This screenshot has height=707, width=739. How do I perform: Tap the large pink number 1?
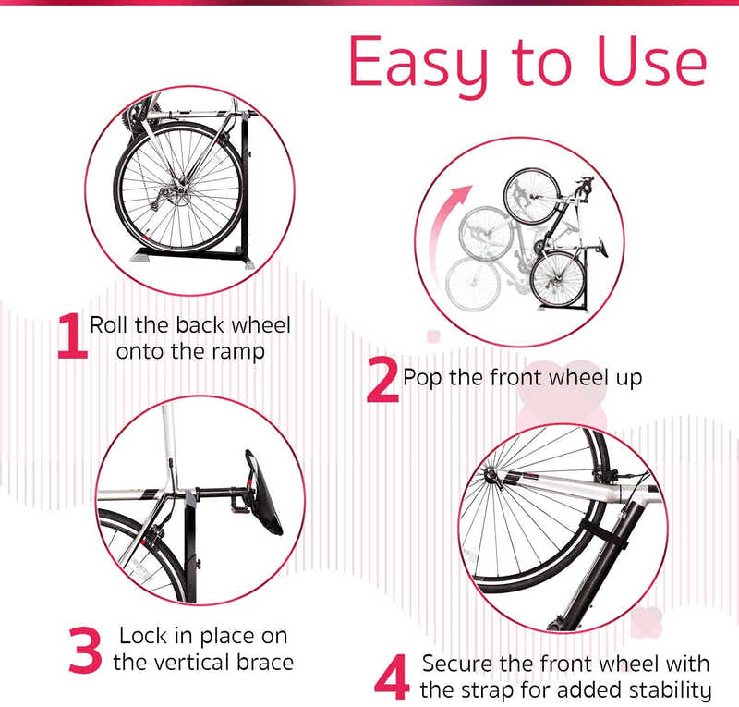(71, 336)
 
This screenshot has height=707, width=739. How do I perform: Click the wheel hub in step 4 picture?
(492, 479)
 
